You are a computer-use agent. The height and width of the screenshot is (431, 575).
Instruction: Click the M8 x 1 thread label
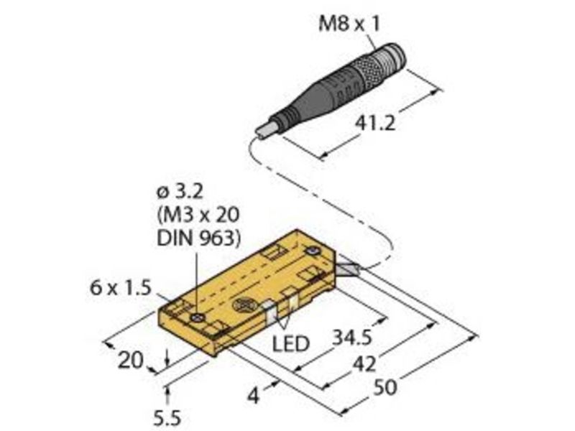click(349, 24)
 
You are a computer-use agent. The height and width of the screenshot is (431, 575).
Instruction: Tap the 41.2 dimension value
click(375, 123)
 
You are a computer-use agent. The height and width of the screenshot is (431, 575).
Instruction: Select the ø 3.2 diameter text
click(180, 192)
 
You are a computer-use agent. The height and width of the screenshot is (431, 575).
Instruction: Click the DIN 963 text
click(199, 239)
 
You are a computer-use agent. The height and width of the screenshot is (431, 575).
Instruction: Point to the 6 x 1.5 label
click(121, 288)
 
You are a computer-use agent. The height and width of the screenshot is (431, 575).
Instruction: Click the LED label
click(291, 344)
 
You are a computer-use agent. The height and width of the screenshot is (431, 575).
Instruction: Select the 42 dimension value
click(364, 364)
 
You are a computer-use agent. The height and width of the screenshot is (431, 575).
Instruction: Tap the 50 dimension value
click(385, 387)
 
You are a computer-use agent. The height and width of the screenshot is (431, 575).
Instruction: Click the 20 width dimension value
click(130, 361)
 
